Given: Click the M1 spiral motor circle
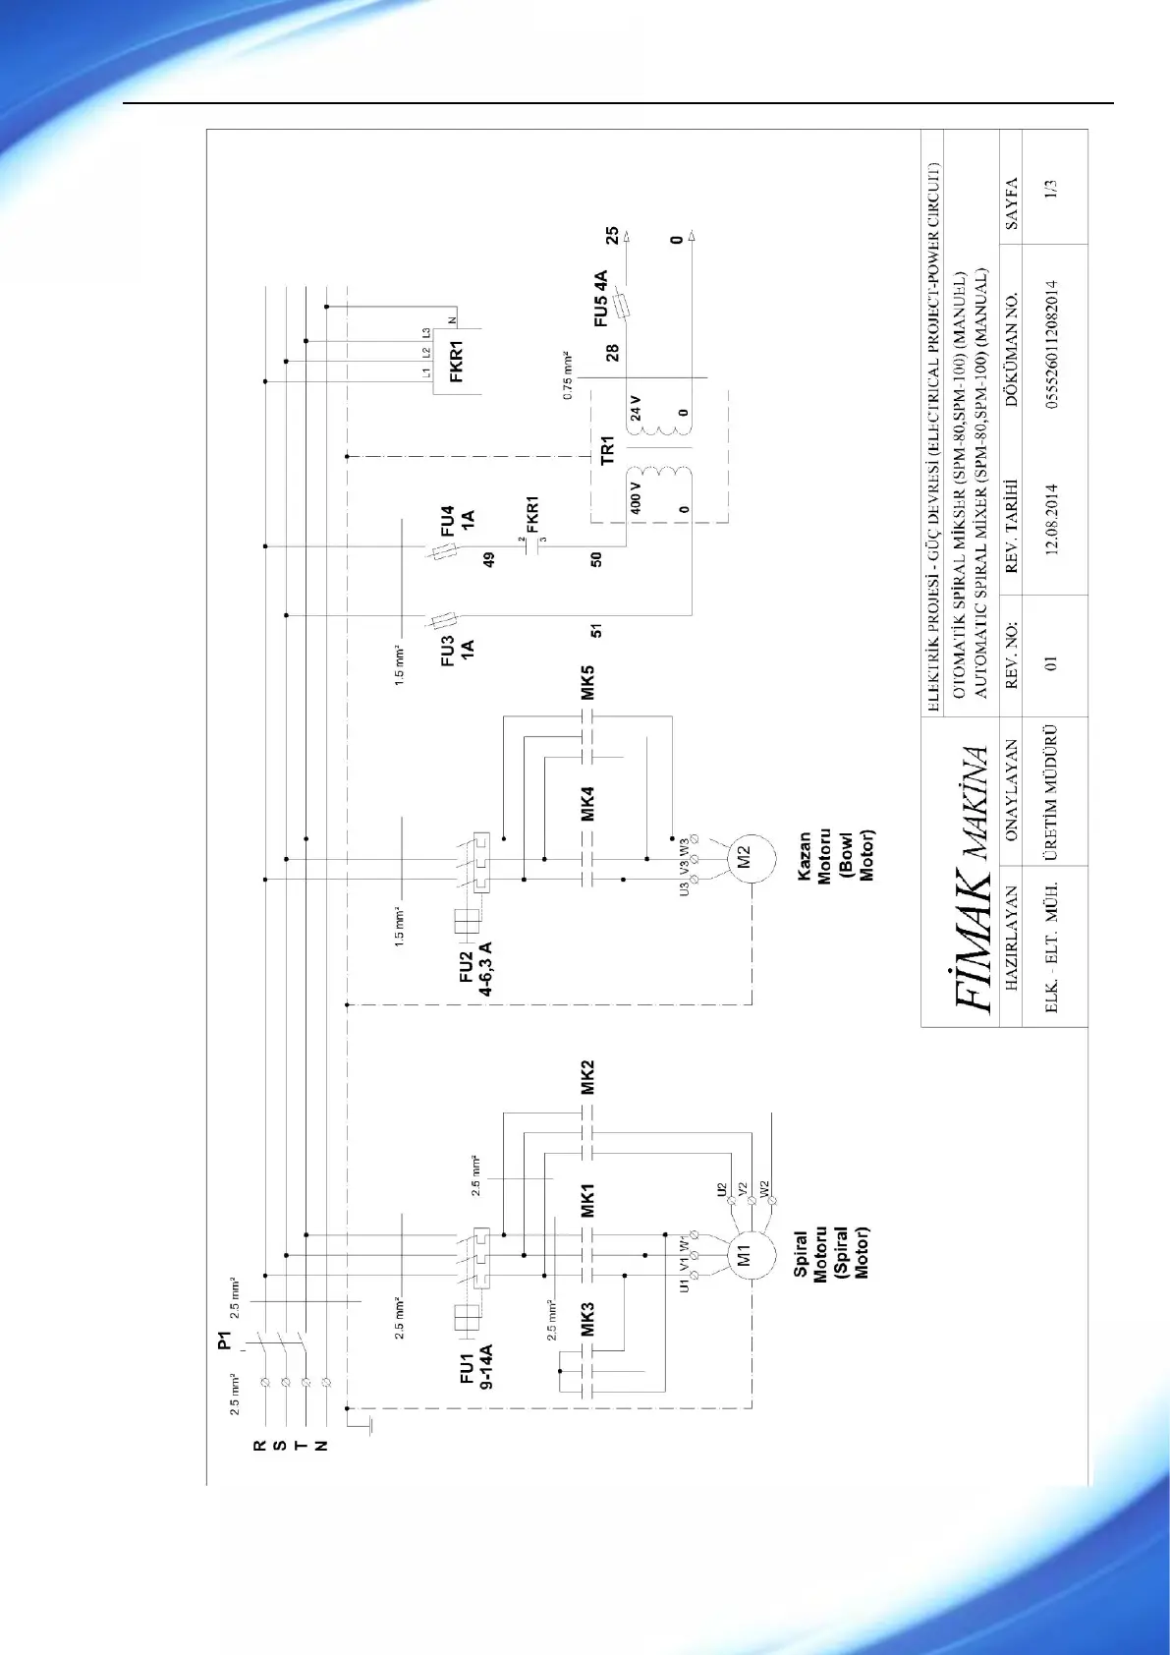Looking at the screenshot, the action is (x=743, y=1255).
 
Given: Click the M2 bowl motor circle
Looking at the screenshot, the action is (x=743, y=857).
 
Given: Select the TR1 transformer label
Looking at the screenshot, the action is (x=606, y=450).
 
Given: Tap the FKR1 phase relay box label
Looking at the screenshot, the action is (x=456, y=362).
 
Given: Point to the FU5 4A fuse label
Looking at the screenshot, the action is (x=600, y=299).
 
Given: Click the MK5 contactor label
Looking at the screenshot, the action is (x=587, y=681).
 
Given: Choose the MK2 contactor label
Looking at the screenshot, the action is (x=587, y=1077).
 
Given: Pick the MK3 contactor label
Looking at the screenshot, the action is (x=587, y=1319).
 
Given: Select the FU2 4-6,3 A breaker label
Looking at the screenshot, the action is (x=475, y=968).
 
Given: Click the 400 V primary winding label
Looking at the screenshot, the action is (x=635, y=497).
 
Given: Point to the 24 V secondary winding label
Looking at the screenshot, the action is (x=635, y=407).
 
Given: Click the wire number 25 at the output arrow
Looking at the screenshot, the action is (x=612, y=236).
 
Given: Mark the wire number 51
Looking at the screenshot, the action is (x=596, y=630).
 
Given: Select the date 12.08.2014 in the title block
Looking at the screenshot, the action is (x=1051, y=519).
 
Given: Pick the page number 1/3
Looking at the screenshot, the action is (x=1051, y=189).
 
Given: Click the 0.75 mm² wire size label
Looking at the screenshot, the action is (x=567, y=373).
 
